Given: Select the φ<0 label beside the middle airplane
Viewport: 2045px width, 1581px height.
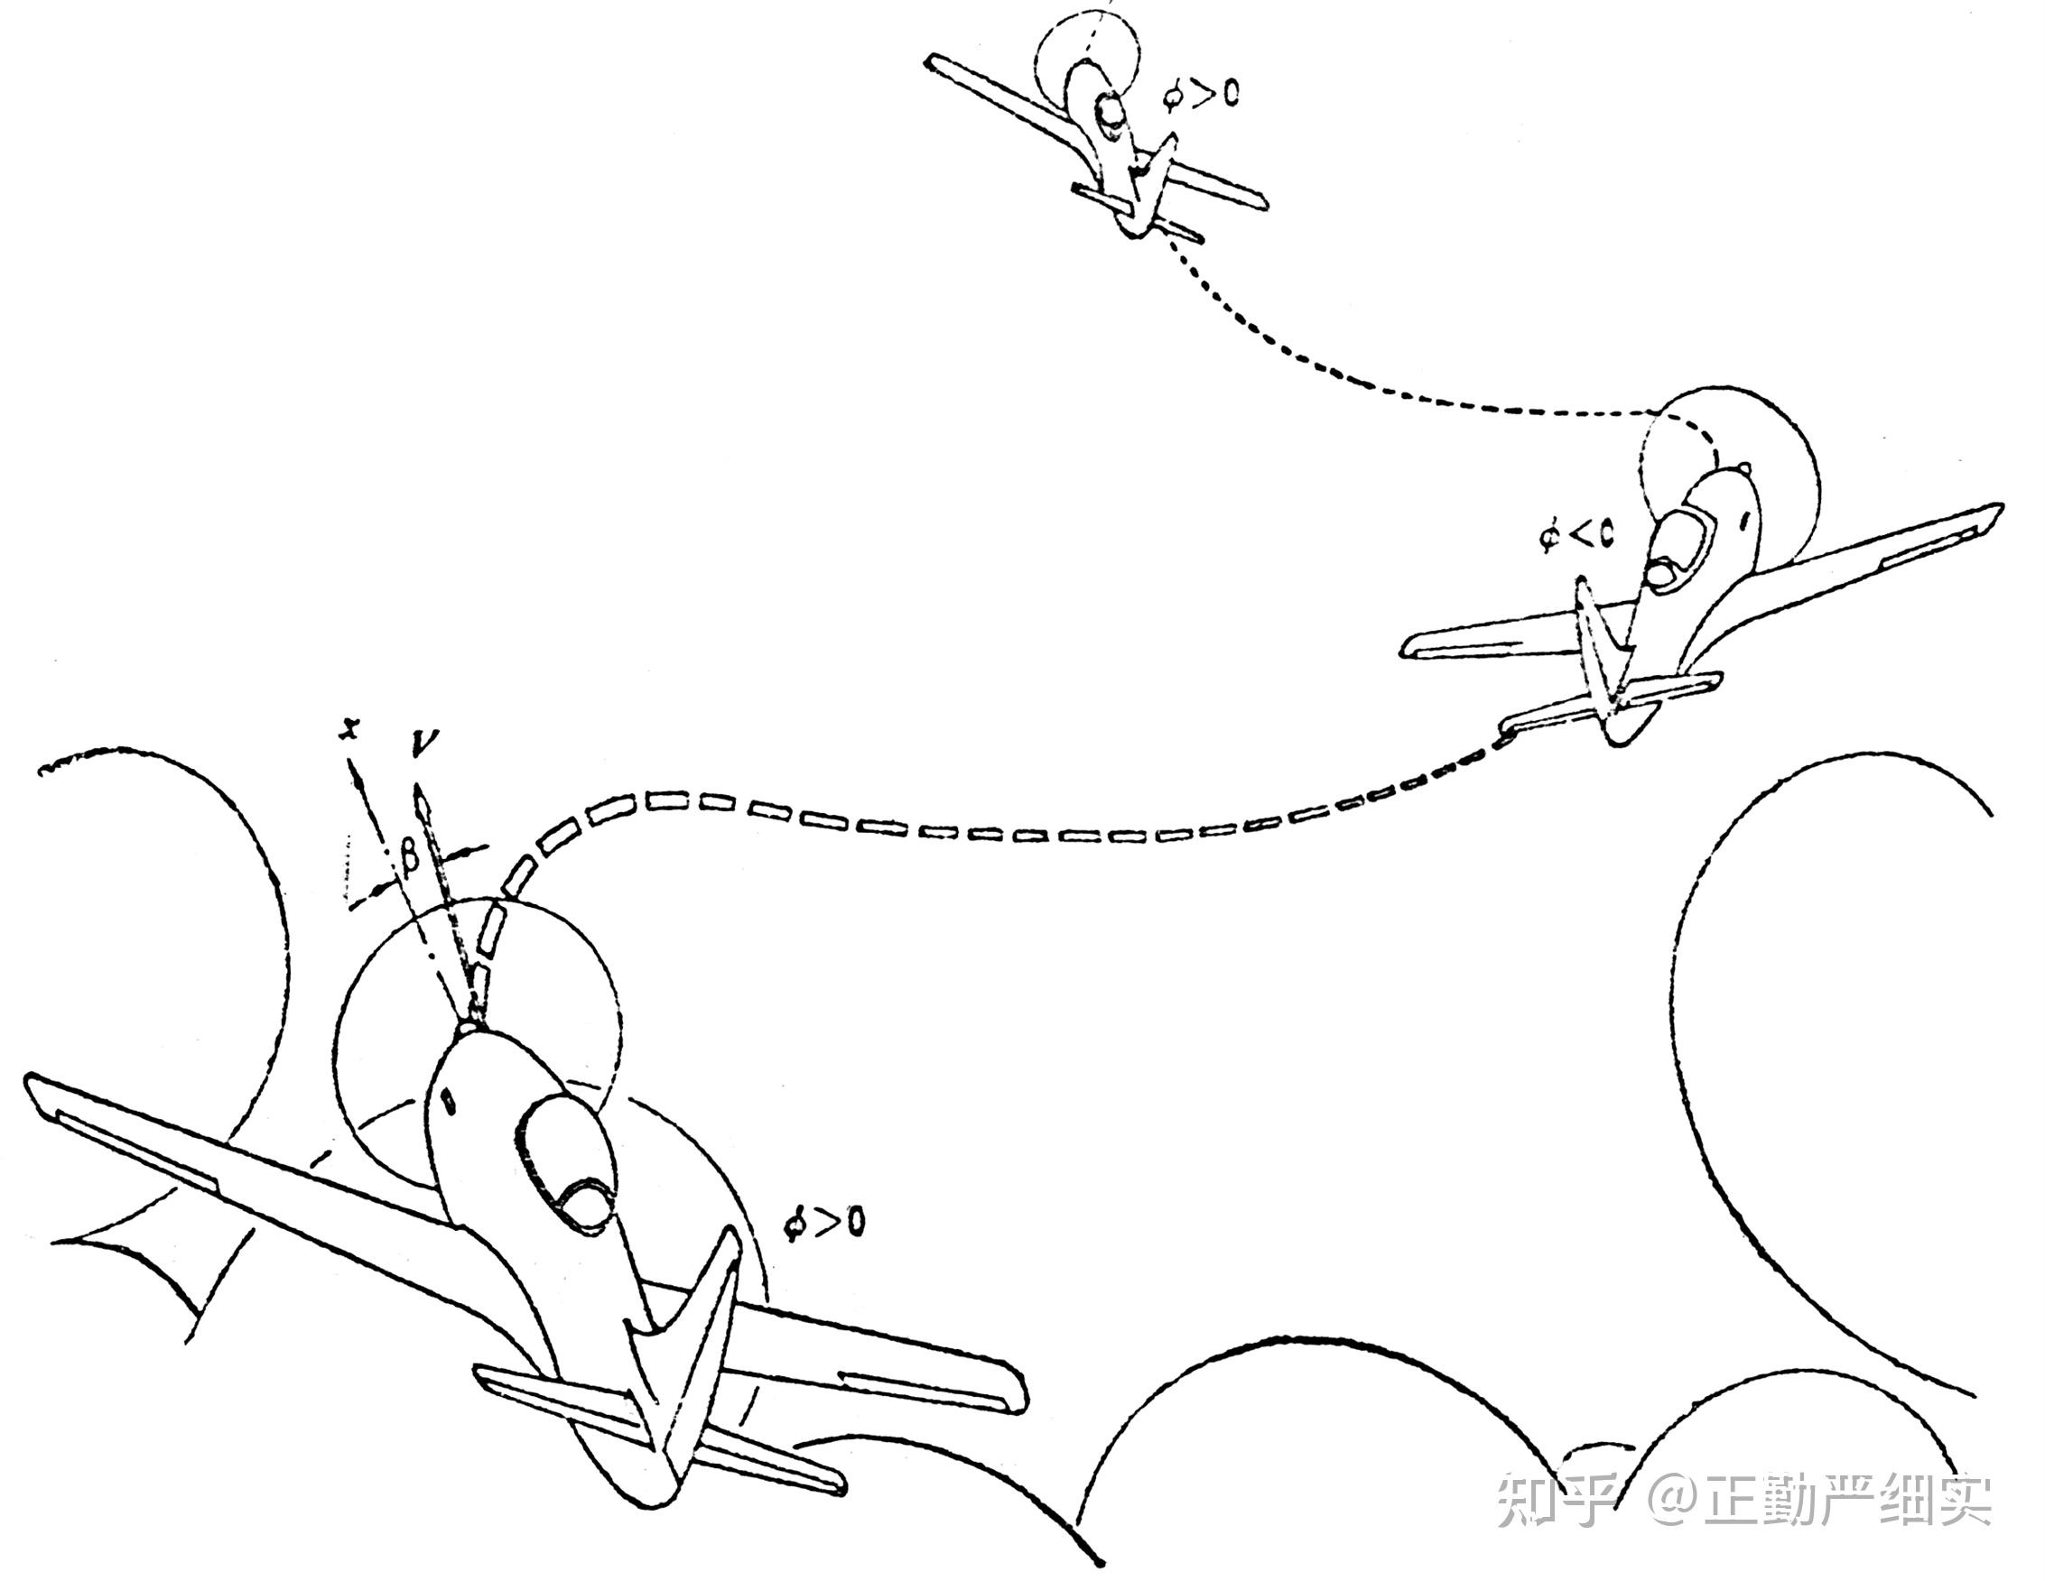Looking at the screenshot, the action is coord(1576,536).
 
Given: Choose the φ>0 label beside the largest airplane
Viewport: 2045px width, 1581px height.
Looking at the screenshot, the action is coord(825,1223).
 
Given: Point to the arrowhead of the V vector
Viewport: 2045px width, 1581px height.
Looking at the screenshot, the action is coord(422,801).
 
